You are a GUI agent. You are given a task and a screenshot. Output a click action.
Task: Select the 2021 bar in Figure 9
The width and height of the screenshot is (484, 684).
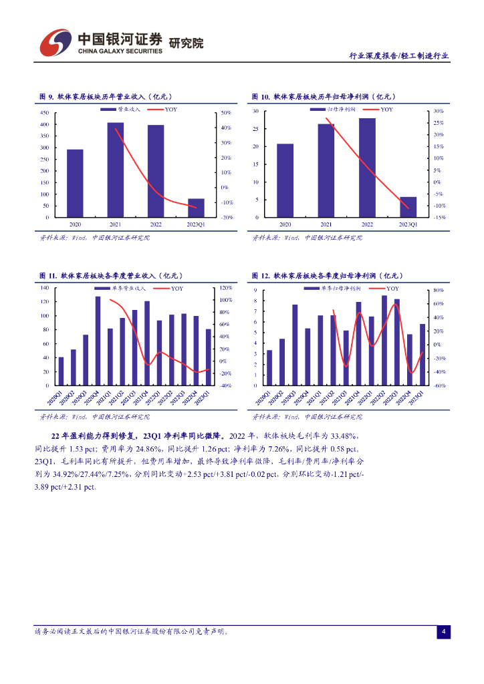click(115, 170)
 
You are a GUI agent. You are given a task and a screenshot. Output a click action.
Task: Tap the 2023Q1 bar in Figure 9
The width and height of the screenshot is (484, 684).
click(196, 208)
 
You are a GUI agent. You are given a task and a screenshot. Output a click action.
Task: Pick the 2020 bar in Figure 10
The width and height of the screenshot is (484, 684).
click(285, 180)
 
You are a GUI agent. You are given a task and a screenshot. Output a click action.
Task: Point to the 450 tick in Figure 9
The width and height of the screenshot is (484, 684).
click(45, 113)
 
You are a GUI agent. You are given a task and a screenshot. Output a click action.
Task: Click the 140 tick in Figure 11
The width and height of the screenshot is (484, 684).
click(45, 288)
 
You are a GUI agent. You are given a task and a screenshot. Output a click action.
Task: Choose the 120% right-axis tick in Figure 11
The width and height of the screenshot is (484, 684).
click(226, 288)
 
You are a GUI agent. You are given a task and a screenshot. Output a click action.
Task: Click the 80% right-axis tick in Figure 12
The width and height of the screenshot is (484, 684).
click(439, 291)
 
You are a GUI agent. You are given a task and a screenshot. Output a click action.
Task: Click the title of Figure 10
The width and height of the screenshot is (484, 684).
click(327, 97)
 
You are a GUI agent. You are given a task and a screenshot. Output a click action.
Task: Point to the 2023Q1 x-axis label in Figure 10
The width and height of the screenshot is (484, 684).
click(408, 225)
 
